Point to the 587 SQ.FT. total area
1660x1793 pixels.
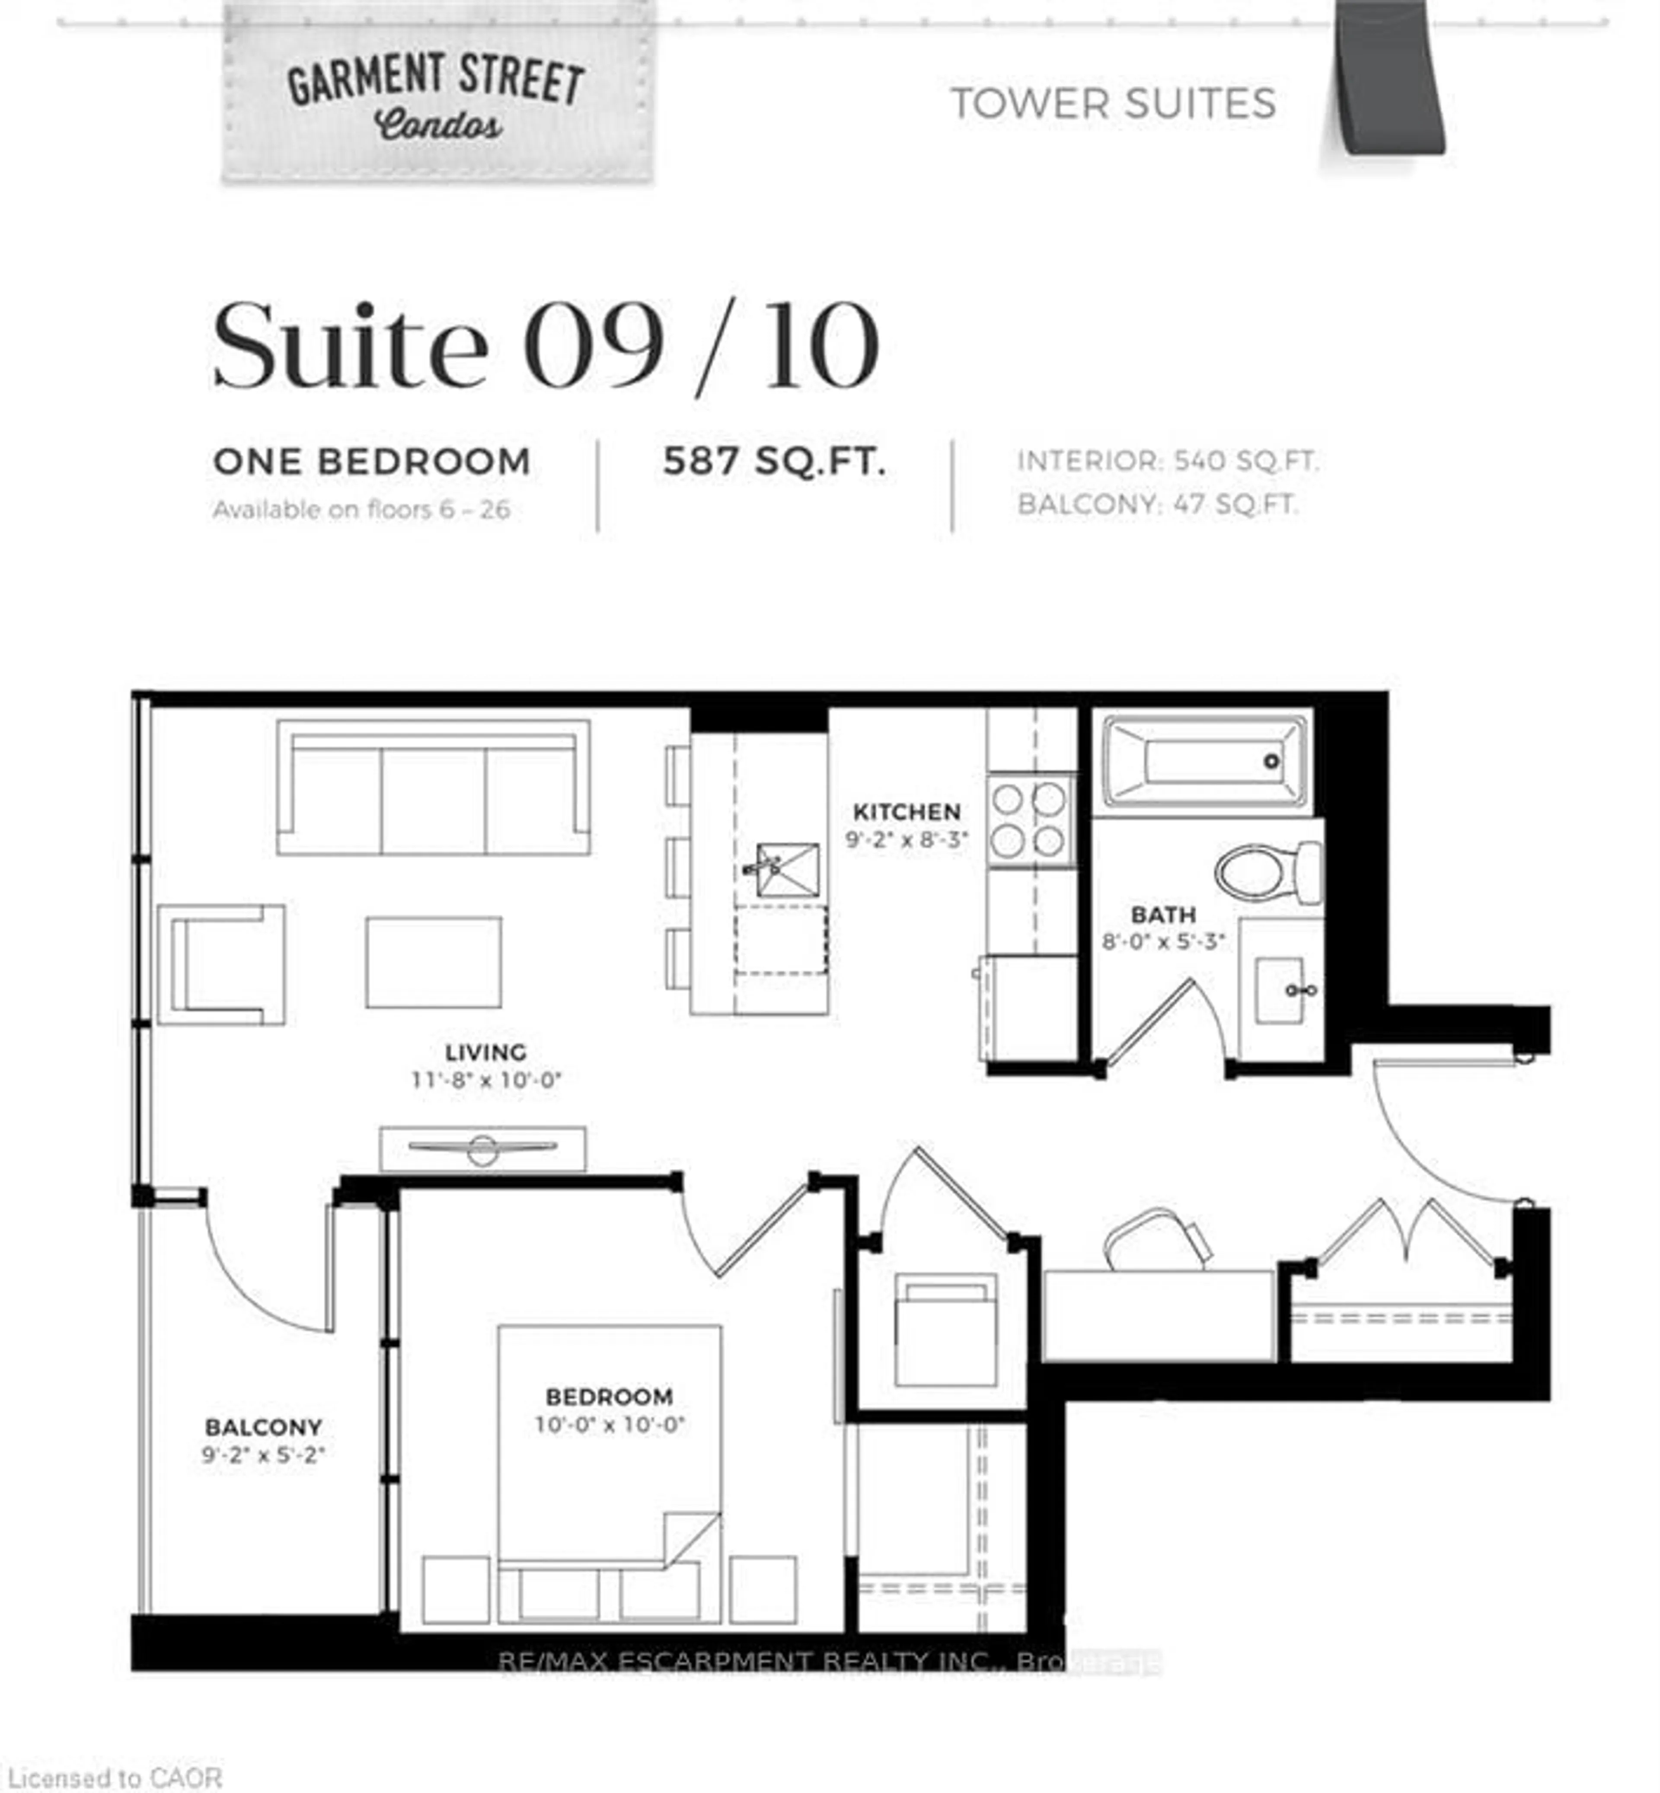coord(774,462)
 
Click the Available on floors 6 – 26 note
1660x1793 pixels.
coord(361,510)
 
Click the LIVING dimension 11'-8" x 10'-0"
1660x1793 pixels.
coord(486,1080)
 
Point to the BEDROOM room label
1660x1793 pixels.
coord(609,1397)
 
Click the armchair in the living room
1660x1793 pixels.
coord(221,965)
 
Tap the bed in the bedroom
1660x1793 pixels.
coord(609,1473)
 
